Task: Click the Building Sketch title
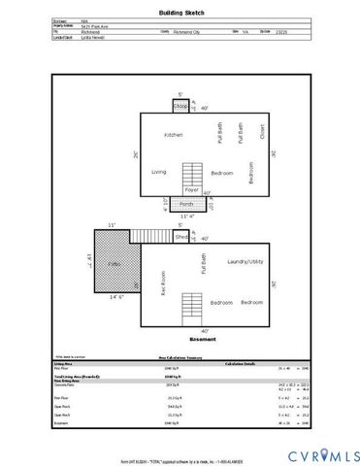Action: (x=180, y=14)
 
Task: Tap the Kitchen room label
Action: (x=174, y=134)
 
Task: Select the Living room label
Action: (x=159, y=172)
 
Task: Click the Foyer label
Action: (x=192, y=190)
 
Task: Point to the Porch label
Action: (x=186, y=205)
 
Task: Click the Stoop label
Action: (x=180, y=105)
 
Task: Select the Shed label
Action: (x=181, y=236)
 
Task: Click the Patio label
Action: (x=113, y=263)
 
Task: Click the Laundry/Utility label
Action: (x=245, y=262)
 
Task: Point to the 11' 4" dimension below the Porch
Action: (x=190, y=216)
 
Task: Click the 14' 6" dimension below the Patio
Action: (x=115, y=297)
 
